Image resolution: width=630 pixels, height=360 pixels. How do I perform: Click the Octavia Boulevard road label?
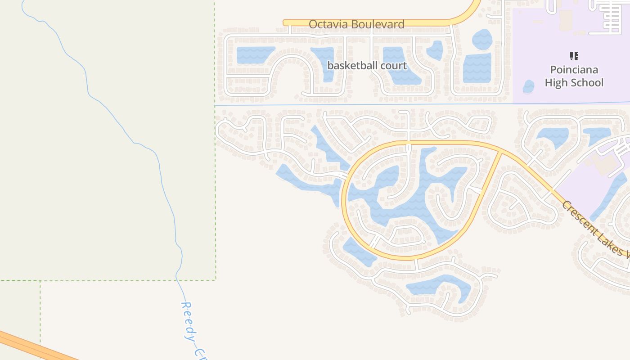tap(356, 24)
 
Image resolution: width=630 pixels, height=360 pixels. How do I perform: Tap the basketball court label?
tap(367, 66)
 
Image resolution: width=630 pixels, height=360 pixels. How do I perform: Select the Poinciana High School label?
tap(574, 76)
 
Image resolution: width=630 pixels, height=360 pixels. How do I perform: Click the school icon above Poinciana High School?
tap(574, 56)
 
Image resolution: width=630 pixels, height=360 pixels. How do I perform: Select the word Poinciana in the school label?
tap(574, 70)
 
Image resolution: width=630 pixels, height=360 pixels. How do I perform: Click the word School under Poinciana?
tap(586, 83)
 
